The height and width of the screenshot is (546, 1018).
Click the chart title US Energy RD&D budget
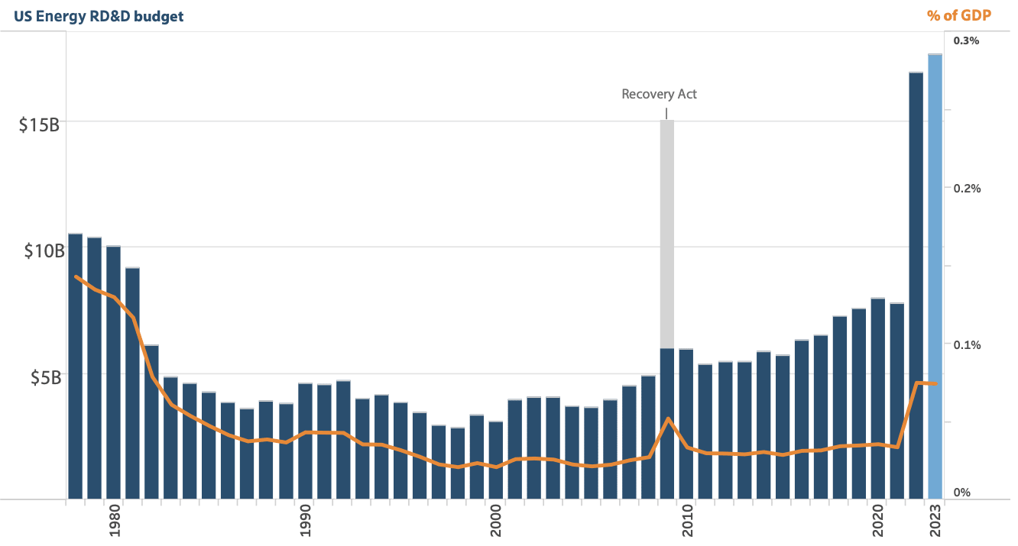click(x=99, y=16)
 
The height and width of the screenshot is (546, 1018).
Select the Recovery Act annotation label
click(x=659, y=95)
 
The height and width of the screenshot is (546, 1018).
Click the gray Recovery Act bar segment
click(x=667, y=229)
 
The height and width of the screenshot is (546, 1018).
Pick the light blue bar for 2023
click(x=935, y=275)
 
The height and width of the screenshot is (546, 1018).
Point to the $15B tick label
click(x=39, y=125)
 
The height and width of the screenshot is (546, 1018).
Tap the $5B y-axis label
click(x=44, y=377)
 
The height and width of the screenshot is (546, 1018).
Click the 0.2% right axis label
click(x=966, y=188)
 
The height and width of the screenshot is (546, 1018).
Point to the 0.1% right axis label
click(x=966, y=344)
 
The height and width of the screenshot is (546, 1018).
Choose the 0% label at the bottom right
click(x=961, y=493)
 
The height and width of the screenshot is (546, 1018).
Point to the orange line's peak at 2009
click(x=668, y=418)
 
